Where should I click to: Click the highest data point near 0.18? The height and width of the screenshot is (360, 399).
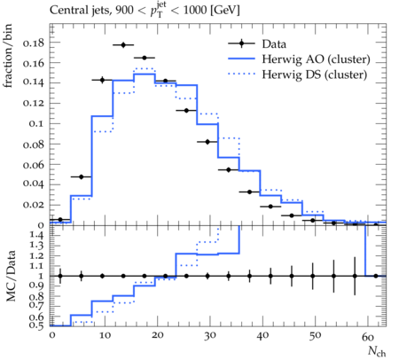[123, 45]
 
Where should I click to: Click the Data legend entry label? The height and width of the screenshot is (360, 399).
[274, 44]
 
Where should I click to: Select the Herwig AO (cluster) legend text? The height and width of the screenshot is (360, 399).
[316, 59]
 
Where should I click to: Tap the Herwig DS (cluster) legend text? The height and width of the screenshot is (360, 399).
[315, 74]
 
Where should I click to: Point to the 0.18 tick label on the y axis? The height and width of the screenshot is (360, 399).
[34, 43]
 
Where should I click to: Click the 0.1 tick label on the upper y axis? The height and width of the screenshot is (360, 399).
[36, 123]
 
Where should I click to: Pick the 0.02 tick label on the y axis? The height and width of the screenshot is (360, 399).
[34, 205]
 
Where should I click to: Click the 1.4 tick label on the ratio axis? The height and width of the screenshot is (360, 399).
[36, 235]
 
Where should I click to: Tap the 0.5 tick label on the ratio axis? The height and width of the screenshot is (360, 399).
[36, 325]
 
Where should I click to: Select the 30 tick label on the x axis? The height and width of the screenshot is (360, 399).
[209, 336]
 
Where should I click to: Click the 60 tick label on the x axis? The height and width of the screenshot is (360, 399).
[368, 336]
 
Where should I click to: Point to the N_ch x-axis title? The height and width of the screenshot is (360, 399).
[377, 351]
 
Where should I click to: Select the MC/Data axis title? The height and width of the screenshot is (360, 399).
[11, 276]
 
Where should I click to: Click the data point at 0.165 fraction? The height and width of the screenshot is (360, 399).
[145, 58]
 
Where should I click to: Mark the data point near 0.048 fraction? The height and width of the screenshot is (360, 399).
[82, 176]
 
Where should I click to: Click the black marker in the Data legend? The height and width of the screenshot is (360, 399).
[241, 43]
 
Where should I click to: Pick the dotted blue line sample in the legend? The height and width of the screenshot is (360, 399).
[241, 74]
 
